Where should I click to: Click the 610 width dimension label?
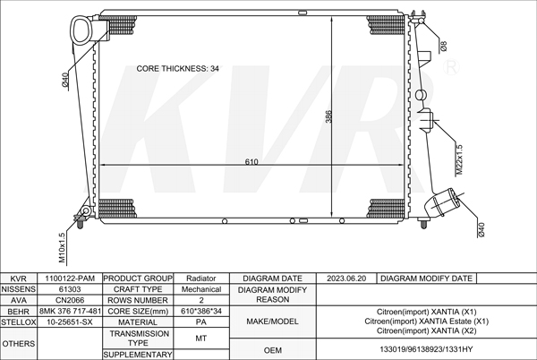(251, 161)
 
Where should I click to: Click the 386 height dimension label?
(328, 116)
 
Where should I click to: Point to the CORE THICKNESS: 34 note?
(177, 68)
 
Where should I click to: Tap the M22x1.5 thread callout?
(460, 159)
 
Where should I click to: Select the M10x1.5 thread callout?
(62, 248)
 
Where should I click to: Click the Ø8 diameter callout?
(443, 46)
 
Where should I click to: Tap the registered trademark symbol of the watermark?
(451, 67)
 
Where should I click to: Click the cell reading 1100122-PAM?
(70, 279)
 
